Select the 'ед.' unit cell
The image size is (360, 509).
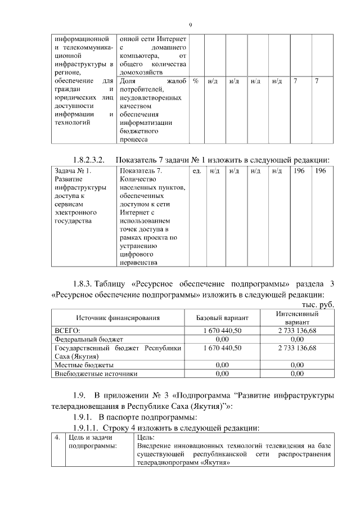pos(197,170)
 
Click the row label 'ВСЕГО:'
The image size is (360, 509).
pos(66,331)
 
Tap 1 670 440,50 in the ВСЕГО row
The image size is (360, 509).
pos(222,331)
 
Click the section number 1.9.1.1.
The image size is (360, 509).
pos(84,429)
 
